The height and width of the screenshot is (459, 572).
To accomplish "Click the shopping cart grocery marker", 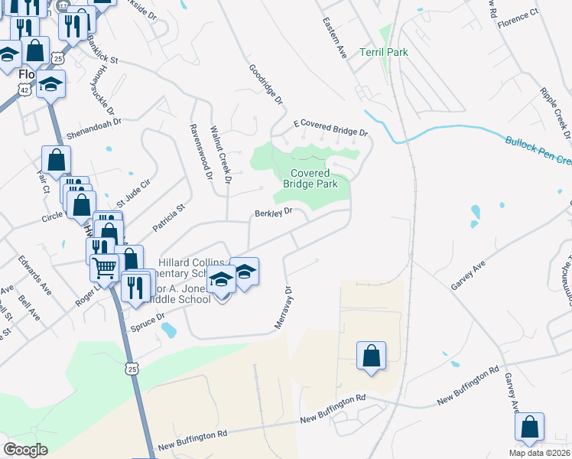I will tap(104, 268).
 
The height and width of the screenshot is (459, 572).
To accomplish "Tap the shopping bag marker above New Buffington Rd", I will tap(371, 356).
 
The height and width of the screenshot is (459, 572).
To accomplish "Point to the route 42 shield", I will tap(25, 90).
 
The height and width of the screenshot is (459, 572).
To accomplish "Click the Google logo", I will tap(25, 450).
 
